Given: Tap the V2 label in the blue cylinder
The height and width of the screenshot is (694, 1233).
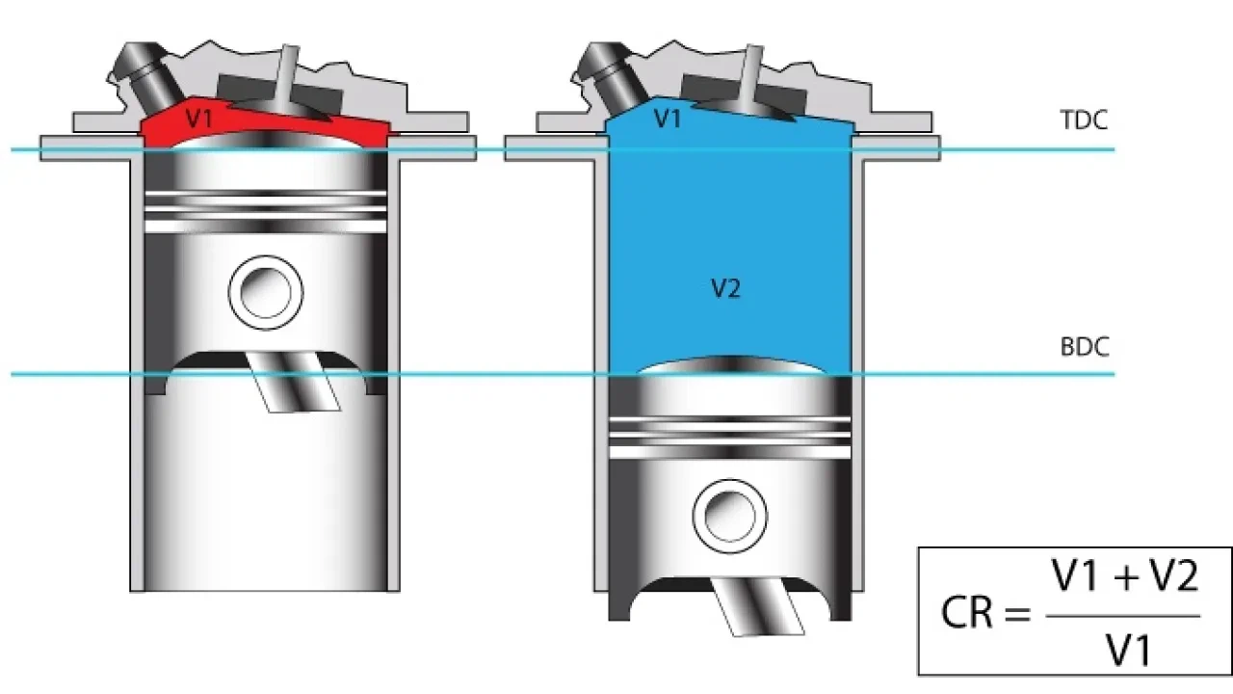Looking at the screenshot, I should tap(724, 288).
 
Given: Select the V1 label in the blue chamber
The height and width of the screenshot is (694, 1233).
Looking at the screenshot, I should tap(667, 120).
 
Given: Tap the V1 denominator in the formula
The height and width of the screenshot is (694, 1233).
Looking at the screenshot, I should tap(1127, 652).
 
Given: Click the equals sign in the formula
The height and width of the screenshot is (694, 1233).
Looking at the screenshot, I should tap(1017, 613).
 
